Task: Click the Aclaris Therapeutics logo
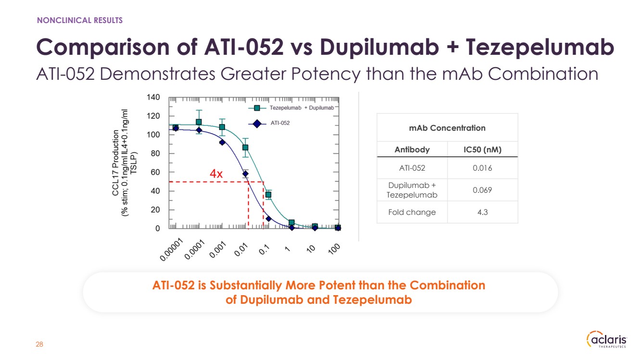pos(607,339)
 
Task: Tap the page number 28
pos(39,345)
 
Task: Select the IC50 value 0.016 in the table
pos(482,168)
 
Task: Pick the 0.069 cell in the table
pos(482,190)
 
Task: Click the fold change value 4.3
pos(482,212)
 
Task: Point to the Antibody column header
pos(412,149)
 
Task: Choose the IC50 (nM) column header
pos(482,149)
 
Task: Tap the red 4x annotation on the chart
pos(216,174)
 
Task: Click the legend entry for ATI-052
pos(280,123)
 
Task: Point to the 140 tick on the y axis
pos(153,98)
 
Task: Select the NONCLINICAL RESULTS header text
pos(80,20)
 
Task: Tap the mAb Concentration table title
pos(447,128)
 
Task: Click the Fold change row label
pos(412,212)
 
